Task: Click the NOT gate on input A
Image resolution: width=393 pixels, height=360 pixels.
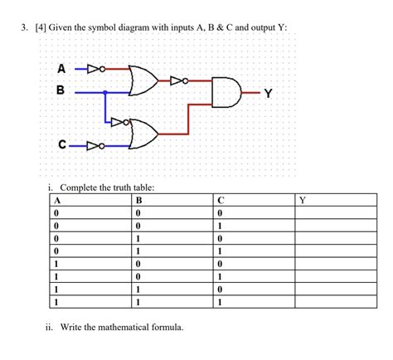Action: tap(95, 69)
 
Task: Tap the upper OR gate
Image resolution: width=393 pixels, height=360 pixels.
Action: tap(143, 80)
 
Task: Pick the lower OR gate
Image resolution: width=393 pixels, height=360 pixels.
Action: tap(143, 133)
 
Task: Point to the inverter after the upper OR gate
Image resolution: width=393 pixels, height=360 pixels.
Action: tap(179, 80)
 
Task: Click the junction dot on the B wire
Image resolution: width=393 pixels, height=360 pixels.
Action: tap(105, 93)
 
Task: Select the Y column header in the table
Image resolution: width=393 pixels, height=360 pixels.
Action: tap(303, 200)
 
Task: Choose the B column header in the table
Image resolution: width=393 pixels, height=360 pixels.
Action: tap(139, 200)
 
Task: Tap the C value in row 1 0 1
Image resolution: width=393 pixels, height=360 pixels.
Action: tap(220, 276)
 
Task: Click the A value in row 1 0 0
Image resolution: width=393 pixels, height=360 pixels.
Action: tap(56, 264)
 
